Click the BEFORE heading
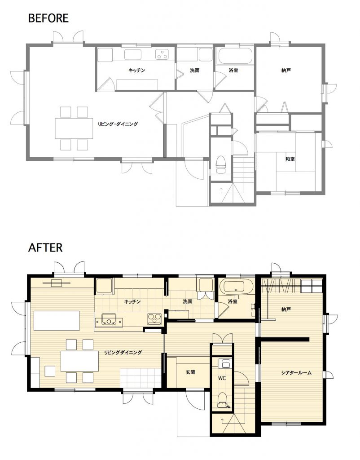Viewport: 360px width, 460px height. [48, 18]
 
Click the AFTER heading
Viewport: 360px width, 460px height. [45, 248]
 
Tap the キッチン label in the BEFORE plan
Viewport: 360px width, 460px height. [136, 71]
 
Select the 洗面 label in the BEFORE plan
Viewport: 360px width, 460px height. [195, 71]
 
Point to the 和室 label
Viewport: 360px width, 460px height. [290, 159]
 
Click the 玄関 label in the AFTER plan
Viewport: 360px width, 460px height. [190, 372]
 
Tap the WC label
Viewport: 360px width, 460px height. [222, 378]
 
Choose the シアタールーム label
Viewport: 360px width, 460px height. [296, 373]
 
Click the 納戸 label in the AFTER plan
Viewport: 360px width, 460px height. [286, 309]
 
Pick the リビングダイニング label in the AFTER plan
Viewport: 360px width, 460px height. [123, 352]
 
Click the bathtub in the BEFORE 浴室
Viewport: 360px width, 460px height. [235, 56]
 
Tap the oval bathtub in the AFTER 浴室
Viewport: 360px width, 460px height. [236, 287]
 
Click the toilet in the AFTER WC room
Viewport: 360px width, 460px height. [223, 400]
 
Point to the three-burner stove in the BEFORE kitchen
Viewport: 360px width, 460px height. [162, 54]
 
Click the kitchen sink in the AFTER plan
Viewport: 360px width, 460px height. [109, 319]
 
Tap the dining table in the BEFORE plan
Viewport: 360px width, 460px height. [74, 128]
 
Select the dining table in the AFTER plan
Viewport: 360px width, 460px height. [80, 361]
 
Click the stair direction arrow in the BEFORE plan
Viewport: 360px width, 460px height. [221, 190]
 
